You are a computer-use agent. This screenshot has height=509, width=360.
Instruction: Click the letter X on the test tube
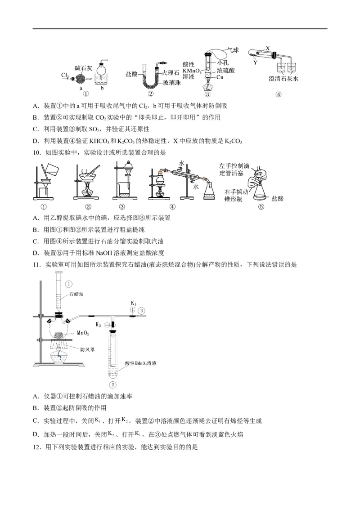(268, 48)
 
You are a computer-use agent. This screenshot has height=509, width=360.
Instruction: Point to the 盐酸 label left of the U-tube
(132, 72)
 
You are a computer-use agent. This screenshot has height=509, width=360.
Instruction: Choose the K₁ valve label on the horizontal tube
(134, 304)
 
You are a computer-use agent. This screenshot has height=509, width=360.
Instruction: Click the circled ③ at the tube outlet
(142, 310)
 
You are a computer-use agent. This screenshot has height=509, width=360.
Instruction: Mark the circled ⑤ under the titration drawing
(261, 207)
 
